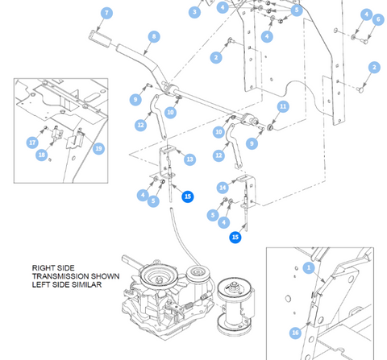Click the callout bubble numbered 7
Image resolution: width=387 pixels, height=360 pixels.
[x=106, y=13]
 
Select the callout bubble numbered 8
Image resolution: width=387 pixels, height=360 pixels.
[x=154, y=36]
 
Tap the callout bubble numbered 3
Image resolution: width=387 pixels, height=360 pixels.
[x=194, y=12]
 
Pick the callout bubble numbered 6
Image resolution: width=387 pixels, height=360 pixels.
[x=378, y=19]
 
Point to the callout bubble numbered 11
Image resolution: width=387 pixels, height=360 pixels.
[x=283, y=106]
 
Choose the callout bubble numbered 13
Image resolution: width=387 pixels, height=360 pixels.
[x=189, y=159]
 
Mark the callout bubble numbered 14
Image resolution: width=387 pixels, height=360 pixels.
[x=223, y=188]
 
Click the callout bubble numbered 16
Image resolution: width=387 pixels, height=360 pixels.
[x=295, y=333]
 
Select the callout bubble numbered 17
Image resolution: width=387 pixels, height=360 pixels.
[x=32, y=143]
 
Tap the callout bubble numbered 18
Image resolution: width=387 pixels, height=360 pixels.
[x=42, y=155]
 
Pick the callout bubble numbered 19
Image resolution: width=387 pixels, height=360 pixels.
[x=98, y=148]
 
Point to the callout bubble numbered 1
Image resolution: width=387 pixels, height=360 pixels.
[x=309, y=267]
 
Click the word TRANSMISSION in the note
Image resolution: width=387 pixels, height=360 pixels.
[x=76, y=276]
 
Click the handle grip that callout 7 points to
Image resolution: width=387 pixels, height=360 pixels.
[x=100, y=39]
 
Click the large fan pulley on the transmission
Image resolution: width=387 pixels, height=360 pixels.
[x=159, y=277]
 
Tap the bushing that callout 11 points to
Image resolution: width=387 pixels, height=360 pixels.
[x=270, y=127]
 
